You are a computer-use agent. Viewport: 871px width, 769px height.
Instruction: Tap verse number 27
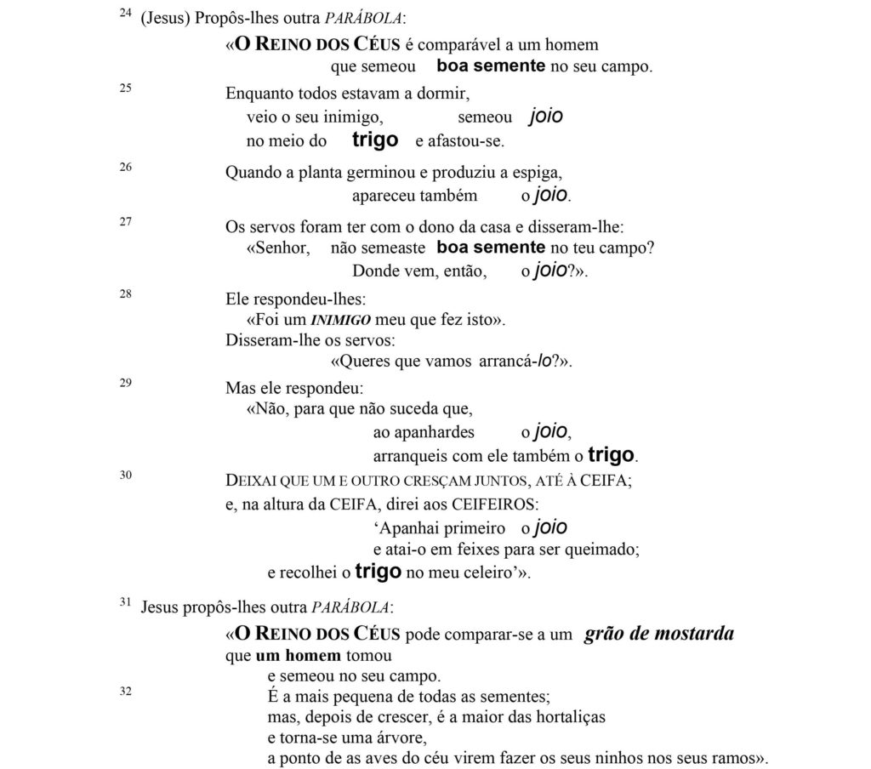[125, 222]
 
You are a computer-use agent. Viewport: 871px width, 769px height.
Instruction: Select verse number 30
[125, 475]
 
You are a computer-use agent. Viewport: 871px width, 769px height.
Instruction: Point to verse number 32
[125, 691]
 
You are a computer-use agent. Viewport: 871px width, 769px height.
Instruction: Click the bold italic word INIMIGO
[339, 321]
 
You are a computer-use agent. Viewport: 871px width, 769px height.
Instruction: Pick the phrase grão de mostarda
[659, 635]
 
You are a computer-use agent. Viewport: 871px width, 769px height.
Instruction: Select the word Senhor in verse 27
[278, 248]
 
